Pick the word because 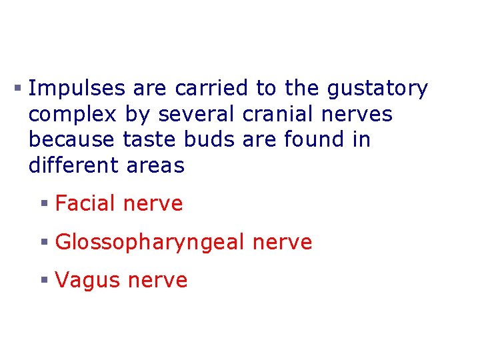(73, 140)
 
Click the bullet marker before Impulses (20, 87)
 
